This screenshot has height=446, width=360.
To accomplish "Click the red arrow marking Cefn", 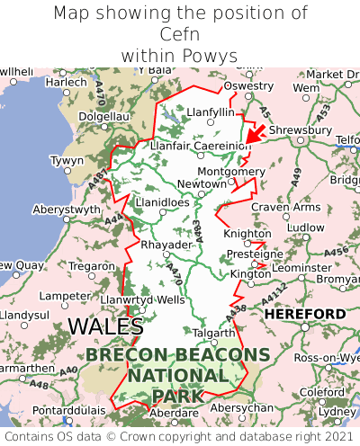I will pyautogui.click(x=255, y=134).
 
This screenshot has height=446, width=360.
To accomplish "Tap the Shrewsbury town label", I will pyautogui.click(x=300, y=129).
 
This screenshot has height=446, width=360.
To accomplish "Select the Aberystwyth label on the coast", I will pyautogui.click(x=67, y=209).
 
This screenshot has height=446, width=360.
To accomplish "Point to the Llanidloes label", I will pyautogui.click(x=162, y=202).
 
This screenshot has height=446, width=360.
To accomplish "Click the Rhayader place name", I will pyautogui.click(x=166, y=245).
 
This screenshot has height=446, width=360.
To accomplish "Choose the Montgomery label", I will pyautogui.click(x=230, y=171).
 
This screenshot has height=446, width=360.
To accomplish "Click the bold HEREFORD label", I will pyautogui.click(x=304, y=314).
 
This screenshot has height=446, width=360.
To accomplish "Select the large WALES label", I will pyautogui.click(x=105, y=326).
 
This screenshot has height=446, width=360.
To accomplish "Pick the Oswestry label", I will pyautogui.click(x=248, y=85).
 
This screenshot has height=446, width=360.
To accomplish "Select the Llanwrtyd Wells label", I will pyautogui.click(x=143, y=299).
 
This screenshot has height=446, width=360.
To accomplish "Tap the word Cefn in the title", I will pyautogui.click(x=180, y=34).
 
